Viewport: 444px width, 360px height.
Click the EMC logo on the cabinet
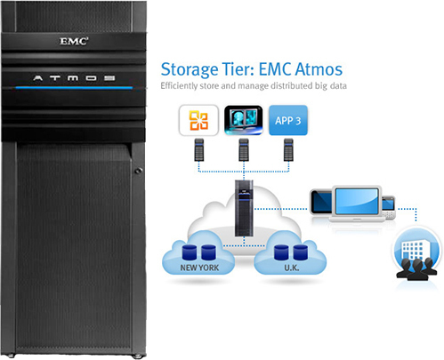pyautogui.click(x=74, y=41)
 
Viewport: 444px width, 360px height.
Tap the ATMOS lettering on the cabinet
pyautogui.click(x=74, y=78)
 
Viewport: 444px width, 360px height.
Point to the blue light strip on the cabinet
pyautogui.click(x=74, y=88)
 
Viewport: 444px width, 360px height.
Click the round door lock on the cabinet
pyautogui.click(x=138, y=171)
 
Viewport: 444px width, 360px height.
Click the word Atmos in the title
pyautogui.click(x=319, y=69)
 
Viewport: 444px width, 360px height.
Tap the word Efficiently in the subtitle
pyautogui.click(x=179, y=85)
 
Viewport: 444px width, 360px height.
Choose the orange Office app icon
pyautogui.click(x=198, y=120)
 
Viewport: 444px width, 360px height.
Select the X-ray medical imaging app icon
pyautogui.click(x=243, y=120)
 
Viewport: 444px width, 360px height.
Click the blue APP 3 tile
pyautogui.click(x=288, y=120)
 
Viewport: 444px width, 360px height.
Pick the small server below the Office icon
pyautogui.click(x=199, y=150)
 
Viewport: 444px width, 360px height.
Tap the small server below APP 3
pyautogui.click(x=288, y=150)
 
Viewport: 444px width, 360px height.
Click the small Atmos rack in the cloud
pyautogui.click(x=244, y=208)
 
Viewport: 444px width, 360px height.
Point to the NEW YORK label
pyautogui.click(x=199, y=268)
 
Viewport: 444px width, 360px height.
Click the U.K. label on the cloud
pyautogui.click(x=292, y=268)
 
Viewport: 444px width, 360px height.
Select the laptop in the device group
pyautogui.click(x=356, y=204)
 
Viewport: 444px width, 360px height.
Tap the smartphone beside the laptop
pyautogui.click(x=389, y=207)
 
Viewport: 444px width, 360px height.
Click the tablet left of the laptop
pyautogui.click(x=321, y=202)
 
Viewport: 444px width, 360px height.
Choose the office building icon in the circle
pyautogui.click(x=412, y=248)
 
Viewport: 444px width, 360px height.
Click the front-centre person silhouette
pyautogui.click(x=417, y=269)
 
